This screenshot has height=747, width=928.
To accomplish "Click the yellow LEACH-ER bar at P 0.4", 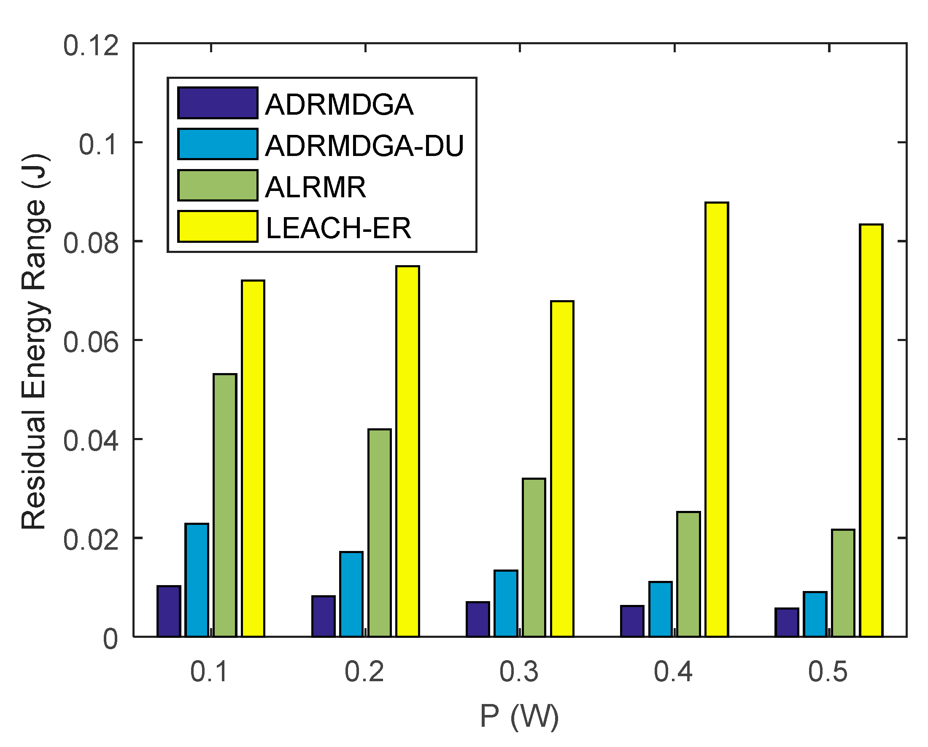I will pos(717,419).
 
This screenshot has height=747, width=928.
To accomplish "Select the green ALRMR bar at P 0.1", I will pos(225,505).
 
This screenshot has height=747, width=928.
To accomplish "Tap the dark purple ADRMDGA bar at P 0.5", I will pos(787,622).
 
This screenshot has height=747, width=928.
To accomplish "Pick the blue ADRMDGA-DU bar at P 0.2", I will pos(351,594).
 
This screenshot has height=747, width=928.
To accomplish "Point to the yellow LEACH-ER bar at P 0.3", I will pos(562,469).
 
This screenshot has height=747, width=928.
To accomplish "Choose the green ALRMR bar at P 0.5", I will pos(843,583).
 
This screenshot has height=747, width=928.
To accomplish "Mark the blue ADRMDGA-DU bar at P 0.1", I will pos(197,580).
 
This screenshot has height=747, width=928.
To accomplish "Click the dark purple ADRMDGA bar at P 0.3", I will pos(477,619).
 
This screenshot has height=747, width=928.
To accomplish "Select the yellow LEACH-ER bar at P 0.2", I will pos(407,451).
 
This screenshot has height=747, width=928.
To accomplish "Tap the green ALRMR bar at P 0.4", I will pos(688,574).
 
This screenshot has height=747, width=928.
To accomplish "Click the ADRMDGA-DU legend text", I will pos(364,146).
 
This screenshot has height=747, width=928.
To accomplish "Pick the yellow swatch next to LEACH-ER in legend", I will pos(218,226).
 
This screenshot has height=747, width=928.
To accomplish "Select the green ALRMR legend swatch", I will pos(218,185).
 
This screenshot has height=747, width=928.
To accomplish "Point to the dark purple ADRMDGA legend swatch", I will pos(218,103).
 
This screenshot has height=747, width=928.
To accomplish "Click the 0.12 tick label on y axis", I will pos(91,45).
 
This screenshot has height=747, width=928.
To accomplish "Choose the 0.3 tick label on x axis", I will pos(519,672).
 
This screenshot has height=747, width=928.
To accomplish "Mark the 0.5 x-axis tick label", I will pos(828,672).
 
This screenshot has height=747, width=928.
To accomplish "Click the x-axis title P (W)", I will pos(519,717).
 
